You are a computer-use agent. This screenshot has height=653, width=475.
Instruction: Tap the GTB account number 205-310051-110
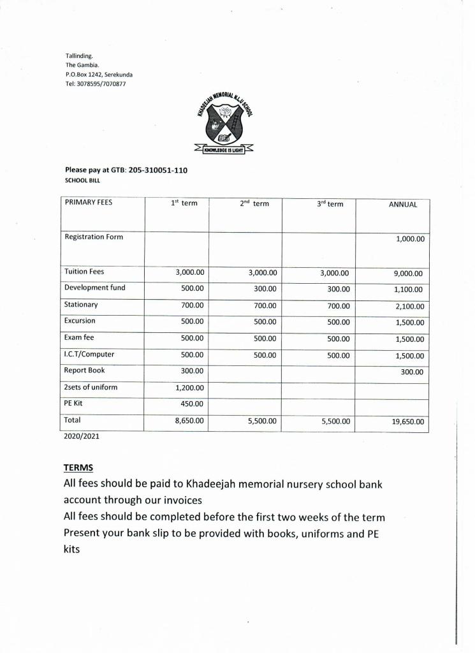click(158, 170)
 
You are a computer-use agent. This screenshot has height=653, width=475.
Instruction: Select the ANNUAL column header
click(403, 205)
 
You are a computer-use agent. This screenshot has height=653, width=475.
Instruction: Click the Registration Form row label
click(94, 237)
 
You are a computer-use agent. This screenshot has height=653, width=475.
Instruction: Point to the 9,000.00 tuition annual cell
click(408, 274)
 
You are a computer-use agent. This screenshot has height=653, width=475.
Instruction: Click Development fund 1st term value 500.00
click(192, 288)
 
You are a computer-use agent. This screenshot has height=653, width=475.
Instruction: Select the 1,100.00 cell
click(408, 290)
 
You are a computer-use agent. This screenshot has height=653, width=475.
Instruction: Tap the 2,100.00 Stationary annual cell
click(408, 307)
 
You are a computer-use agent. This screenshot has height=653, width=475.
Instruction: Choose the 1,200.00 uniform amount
click(189, 388)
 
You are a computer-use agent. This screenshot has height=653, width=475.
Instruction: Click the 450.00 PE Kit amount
click(192, 404)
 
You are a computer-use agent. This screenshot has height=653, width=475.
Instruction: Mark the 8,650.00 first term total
click(189, 421)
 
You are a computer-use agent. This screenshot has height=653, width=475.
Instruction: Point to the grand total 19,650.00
click(407, 422)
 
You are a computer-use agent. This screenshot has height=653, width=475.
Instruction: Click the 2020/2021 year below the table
click(81, 437)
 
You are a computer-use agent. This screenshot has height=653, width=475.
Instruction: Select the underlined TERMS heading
click(78, 468)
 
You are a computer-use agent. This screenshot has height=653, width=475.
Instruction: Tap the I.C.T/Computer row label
click(89, 354)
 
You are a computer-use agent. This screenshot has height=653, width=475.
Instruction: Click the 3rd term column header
click(330, 204)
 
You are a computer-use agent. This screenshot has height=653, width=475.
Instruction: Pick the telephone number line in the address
click(95, 84)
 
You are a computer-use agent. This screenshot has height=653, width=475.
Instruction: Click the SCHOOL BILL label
click(82, 180)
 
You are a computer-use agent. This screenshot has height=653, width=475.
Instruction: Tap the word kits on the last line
click(71, 548)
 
